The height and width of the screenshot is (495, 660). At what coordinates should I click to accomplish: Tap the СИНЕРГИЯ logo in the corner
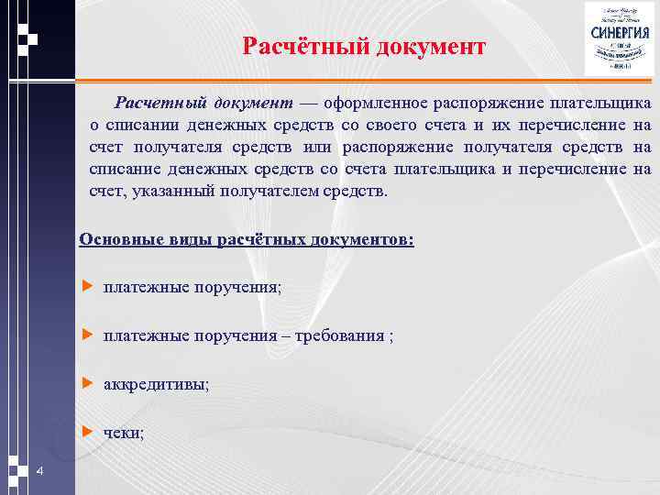(616, 38)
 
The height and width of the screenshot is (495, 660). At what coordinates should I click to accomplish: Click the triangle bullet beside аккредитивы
(88, 383)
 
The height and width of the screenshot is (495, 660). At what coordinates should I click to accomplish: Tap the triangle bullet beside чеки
(88, 431)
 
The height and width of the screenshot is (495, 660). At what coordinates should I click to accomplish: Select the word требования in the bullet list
(343, 335)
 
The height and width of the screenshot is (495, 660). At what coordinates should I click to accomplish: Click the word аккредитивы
(156, 384)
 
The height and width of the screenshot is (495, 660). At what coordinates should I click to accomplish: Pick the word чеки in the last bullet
(123, 432)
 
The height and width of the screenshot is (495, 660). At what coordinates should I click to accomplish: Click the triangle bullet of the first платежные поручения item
(88, 287)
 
